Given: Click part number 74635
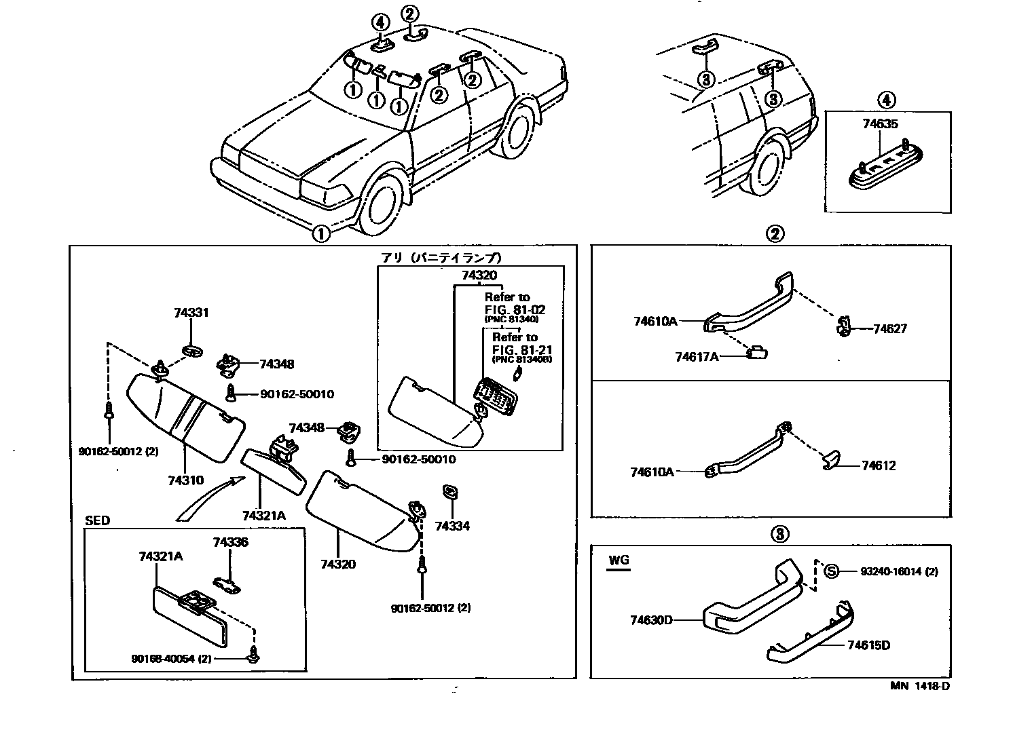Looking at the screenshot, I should coord(880,124).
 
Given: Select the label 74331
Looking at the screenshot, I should coord(191,313).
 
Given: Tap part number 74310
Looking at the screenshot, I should coord(185,480).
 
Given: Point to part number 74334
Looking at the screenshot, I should coord(452,526).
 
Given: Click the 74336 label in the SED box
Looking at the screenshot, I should coord(230,542).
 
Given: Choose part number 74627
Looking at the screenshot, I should coord(890,329).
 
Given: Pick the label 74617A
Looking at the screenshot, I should coord(697,356).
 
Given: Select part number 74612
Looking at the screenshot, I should coord(879,465).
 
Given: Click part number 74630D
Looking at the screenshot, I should coord(651,619).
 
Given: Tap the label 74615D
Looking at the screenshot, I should coord(868,645).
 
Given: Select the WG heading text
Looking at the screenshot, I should coord(619,560).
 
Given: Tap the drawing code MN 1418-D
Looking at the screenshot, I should coord(920,686).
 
